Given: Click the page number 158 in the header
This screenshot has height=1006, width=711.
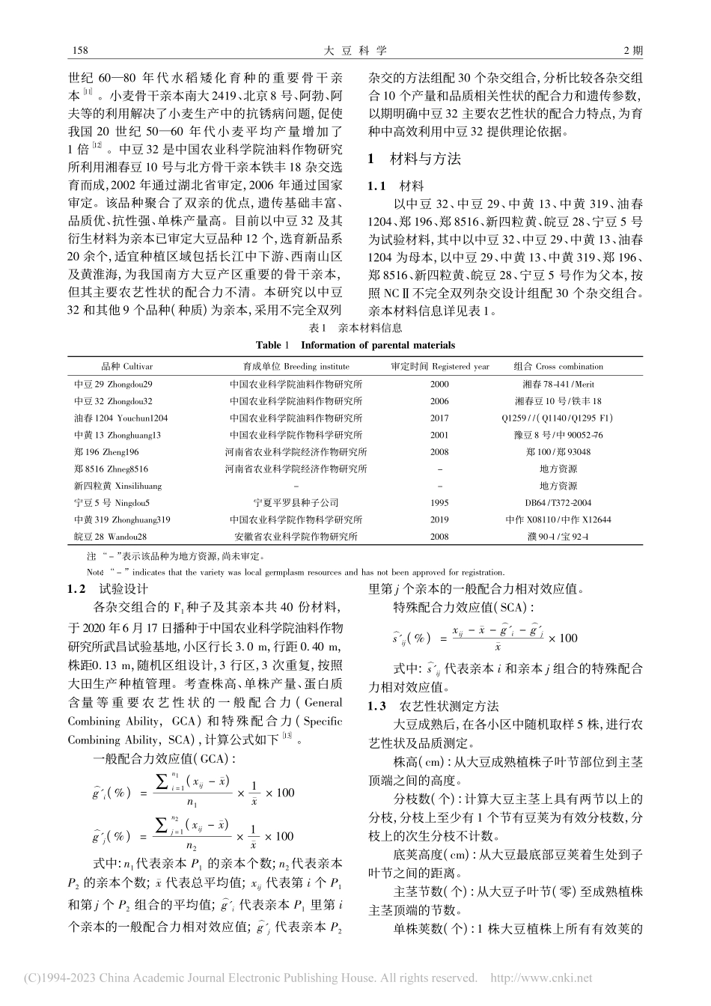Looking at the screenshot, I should point(78,51).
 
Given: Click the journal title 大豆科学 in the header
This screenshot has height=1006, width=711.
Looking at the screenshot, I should point(355,51).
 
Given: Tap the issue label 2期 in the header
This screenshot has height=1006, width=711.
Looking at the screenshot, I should point(632,51).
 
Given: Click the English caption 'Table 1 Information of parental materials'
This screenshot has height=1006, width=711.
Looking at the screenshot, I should point(355,345).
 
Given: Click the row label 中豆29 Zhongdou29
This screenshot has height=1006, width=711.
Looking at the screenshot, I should point(113,384).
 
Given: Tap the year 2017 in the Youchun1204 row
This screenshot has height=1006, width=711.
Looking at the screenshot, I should point(439,418).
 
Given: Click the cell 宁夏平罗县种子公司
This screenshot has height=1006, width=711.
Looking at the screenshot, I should point(296,502).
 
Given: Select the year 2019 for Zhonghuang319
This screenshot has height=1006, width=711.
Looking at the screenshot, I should point(439,519).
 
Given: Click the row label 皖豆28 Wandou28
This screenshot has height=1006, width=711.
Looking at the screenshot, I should point(109,537).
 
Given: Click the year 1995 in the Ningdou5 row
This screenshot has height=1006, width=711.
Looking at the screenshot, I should point(439,502).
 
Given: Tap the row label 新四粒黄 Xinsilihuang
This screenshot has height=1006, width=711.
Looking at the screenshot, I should point(112,486).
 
